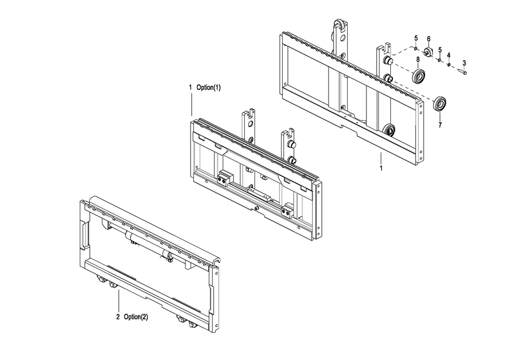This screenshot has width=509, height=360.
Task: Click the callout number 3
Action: (464, 63)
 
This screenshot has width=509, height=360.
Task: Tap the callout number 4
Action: (448, 55)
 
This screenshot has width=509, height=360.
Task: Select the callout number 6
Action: (429, 39)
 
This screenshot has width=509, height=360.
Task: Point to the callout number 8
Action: (418, 59)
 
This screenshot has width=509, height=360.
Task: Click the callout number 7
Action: (440, 125)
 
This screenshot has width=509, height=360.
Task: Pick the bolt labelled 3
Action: (463, 71)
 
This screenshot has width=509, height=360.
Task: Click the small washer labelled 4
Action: (448, 65)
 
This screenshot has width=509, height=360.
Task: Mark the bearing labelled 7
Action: (441, 104)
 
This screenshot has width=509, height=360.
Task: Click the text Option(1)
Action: (208, 87)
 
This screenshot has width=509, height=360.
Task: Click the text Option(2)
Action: (136, 317)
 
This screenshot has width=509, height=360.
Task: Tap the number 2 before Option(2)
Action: (118, 317)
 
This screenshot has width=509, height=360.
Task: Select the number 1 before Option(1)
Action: (191, 87)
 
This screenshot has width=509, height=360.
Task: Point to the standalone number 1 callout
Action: (381, 168)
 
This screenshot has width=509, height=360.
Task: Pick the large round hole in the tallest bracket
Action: (342, 38)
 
